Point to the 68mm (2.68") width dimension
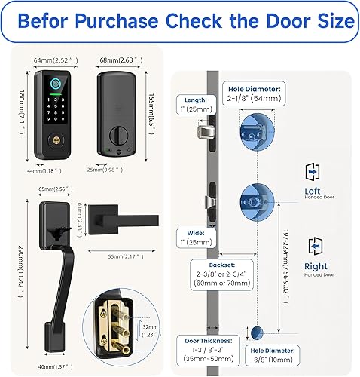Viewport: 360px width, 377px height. (117, 59)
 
